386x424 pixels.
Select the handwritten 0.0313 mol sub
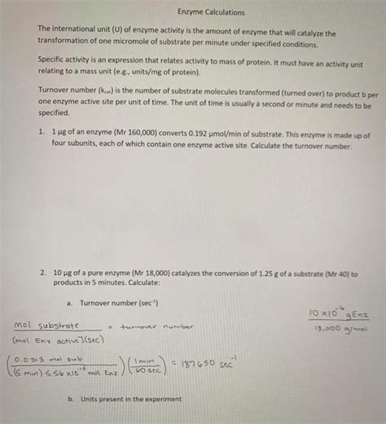pos(55,355)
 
